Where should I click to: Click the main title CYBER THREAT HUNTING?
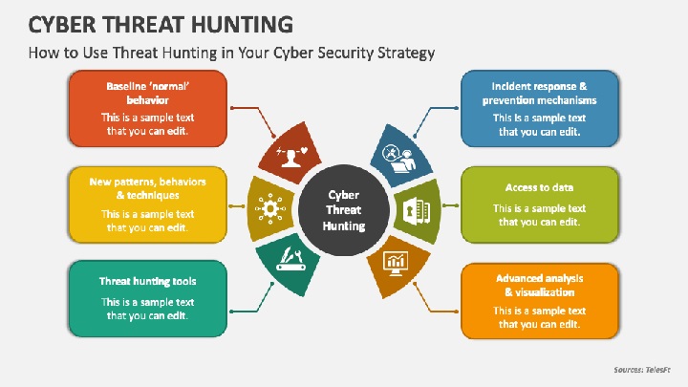(x=161, y=24)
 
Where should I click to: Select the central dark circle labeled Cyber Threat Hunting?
(x=344, y=210)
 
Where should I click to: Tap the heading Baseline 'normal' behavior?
(x=148, y=93)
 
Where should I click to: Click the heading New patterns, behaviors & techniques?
(x=148, y=188)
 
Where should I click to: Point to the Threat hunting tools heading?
(x=148, y=281)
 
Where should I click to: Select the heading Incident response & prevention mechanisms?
(x=539, y=93)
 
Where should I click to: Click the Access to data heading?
(x=539, y=187)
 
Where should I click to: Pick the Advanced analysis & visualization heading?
(x=539, y=285)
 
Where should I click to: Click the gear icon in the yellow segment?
(x=269, y=208)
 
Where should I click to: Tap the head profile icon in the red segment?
(x=291, y=156)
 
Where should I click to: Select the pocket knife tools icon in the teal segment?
(x=290, y=259)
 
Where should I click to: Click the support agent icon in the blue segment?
(x=398, y=159)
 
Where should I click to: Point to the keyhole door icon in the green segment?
(x=416, y=211)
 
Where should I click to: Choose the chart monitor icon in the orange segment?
(x=396, y=264)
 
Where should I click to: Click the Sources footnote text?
(x=642, y=370)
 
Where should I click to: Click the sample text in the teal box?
(x=147, y=309)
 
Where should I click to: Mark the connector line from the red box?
(x=253, y=119)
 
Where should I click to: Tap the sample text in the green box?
(x=539, y=215)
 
